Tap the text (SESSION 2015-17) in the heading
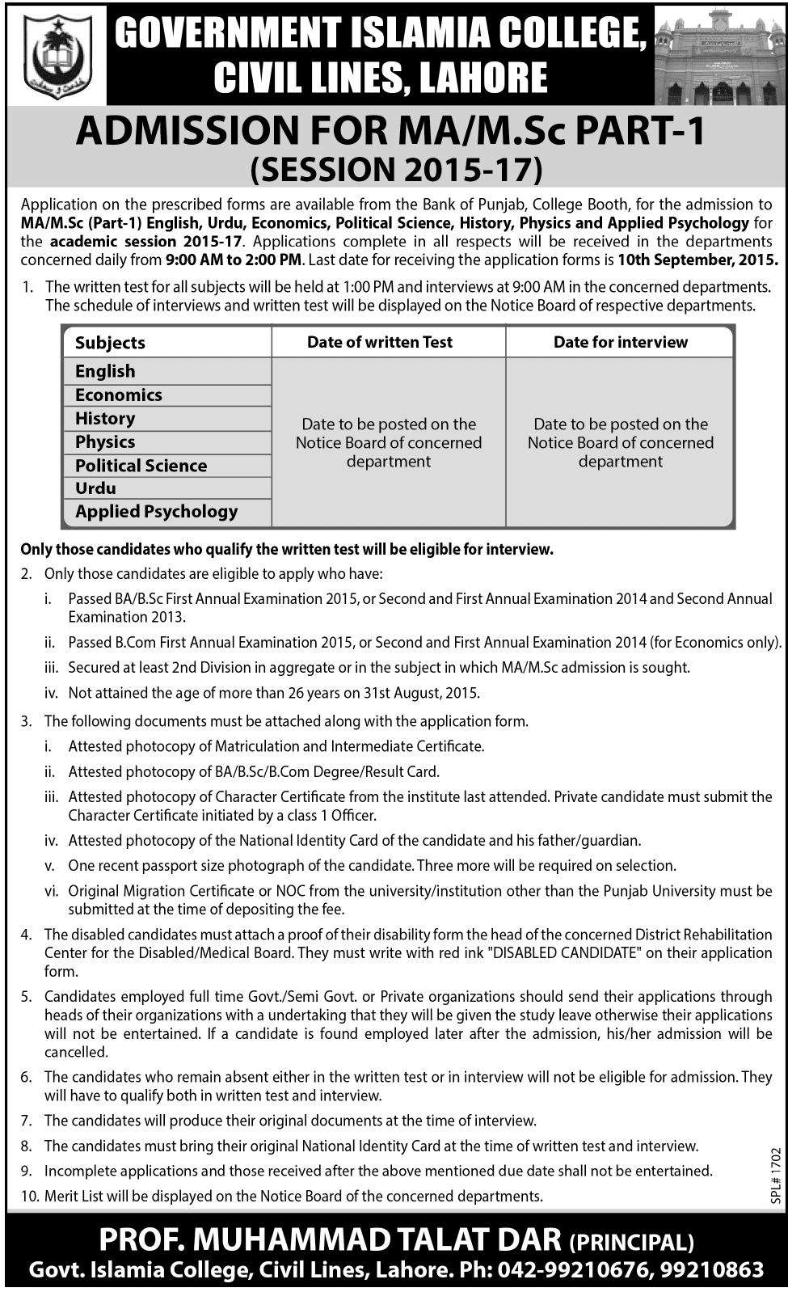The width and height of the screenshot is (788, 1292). click(396, 169)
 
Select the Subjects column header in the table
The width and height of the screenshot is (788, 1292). click(111, 343)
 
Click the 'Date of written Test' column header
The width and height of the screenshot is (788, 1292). click(380, 342)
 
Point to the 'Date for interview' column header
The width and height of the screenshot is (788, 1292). click(620, 342)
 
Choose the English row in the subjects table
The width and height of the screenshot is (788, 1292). click(105, 371)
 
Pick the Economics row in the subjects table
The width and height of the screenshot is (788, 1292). click(119, 395)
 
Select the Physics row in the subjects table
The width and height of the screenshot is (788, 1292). click(105, 441)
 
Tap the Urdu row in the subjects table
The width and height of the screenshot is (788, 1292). click(95, 488)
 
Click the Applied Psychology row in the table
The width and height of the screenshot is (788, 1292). click(157, 512)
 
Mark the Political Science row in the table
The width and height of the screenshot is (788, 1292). click(141, 466)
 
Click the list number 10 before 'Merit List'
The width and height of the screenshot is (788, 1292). click(29, 1196)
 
